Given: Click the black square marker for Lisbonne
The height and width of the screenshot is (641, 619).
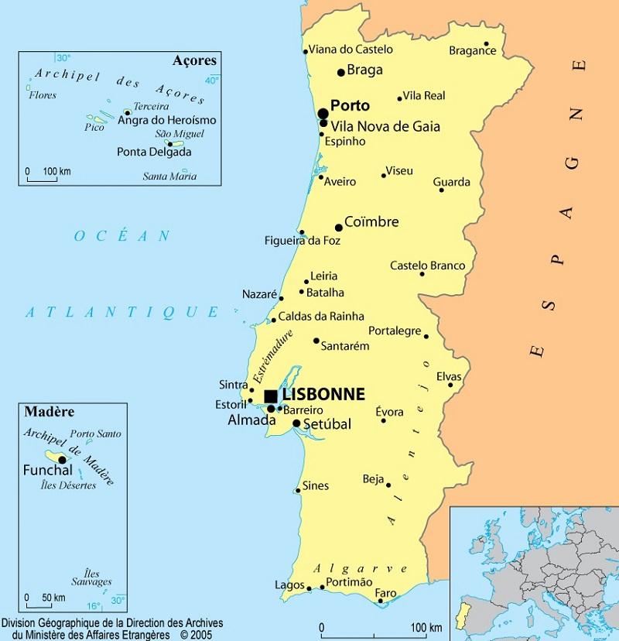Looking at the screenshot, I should pos(270,396).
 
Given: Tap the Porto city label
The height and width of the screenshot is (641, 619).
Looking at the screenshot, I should pos(350,105).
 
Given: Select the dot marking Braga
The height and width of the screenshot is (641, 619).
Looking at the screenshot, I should pos(340,72).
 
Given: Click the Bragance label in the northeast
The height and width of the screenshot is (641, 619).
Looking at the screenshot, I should pos(472,51).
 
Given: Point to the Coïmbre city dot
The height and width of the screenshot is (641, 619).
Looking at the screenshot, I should pos(338,228).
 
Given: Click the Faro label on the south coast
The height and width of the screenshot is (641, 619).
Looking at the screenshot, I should pos(385,593).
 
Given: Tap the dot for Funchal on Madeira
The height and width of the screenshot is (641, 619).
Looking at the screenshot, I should pos(62,459).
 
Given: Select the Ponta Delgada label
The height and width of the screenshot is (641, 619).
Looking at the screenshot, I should pos(154,152).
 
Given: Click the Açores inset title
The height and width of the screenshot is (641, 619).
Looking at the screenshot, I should pos(196,60).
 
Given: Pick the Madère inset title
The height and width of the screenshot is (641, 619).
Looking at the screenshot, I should pos(44,411).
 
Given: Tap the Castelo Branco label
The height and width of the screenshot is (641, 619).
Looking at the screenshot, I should pos(427,266).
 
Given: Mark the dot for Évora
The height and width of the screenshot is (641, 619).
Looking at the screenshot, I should pos(383,420).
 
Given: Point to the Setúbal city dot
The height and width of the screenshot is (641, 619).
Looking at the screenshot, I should pos(296,423).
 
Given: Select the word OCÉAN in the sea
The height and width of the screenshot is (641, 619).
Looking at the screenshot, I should pos(122,236).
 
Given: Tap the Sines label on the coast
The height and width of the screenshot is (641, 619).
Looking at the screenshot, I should pos(315,486).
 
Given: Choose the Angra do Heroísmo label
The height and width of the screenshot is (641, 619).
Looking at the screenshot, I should pos(166,121).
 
